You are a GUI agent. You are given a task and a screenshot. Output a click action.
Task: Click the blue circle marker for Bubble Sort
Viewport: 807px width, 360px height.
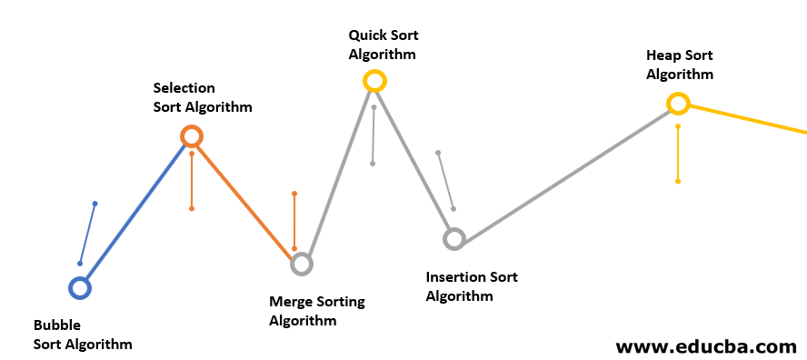[x=80, y=288]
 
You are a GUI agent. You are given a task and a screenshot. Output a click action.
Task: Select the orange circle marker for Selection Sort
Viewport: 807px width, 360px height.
[x=191, y=136]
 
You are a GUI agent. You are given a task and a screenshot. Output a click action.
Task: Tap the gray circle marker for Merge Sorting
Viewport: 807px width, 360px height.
[x=302, y=264]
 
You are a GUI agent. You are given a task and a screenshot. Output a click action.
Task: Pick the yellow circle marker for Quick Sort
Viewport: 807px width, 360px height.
[x=374, y=81]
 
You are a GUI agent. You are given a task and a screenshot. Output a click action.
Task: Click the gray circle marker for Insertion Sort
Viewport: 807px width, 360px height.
[x=453, y=239]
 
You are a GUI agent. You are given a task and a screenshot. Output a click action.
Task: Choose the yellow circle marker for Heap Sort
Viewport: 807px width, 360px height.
[x=678, y=104]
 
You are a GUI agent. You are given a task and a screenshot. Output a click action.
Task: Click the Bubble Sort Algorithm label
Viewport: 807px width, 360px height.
[x=83, y=335]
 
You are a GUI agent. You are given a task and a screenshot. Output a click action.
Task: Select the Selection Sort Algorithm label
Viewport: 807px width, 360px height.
[x=202, y=97]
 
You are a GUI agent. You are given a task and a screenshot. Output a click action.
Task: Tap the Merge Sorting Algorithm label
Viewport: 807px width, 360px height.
[x=317, y=311]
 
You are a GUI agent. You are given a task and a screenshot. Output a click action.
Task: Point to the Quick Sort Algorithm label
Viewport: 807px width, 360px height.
[x=383, y=45]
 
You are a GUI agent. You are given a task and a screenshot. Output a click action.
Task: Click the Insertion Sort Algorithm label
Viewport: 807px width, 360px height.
[x=472, y=286]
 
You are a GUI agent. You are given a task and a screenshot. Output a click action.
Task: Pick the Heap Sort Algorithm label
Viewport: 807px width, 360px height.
[x=680, y=65]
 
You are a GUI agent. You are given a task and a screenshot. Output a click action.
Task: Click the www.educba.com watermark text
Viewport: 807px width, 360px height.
[x=706, y=346]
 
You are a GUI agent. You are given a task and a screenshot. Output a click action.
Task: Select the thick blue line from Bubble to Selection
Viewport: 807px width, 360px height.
[x=135, y=213]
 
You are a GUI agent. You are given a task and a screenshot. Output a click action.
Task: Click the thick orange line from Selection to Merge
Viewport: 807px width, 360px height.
[x=246, y=200]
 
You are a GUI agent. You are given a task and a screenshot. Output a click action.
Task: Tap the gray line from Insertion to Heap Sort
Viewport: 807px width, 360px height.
[x=565, y=172]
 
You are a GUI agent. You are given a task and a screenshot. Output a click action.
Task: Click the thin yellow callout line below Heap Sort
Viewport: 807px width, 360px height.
[x=678, y=155]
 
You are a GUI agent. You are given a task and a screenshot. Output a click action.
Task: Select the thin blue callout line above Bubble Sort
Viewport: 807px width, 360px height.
[x=87, y=234]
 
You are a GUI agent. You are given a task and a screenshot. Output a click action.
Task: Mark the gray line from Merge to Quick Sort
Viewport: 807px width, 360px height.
[x=338, y=173]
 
